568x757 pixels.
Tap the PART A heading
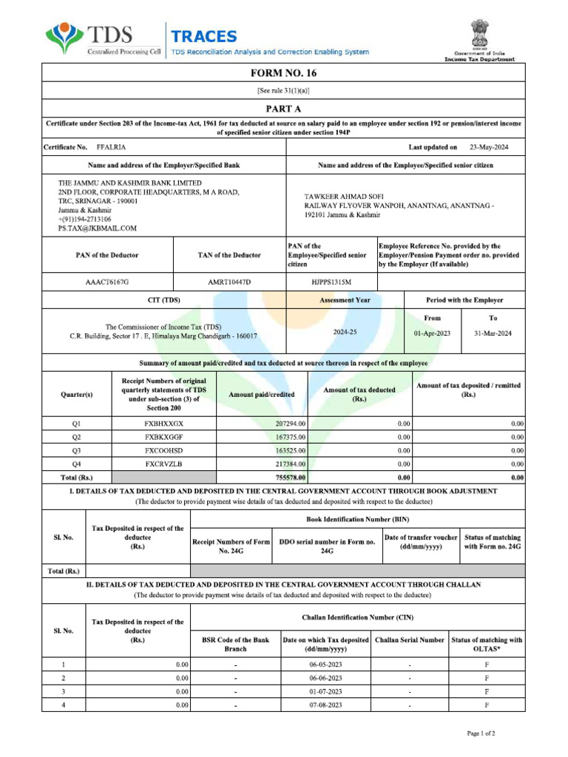point(283,107)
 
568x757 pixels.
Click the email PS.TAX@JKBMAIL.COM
point(98,228)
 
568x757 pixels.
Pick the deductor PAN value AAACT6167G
point(107,282)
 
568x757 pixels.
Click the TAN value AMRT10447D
point(229,282)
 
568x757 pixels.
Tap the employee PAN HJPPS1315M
point(331,282)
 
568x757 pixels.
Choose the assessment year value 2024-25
point(345,333)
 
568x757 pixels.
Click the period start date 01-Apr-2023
point(432,333)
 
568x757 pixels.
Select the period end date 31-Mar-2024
point(493,333)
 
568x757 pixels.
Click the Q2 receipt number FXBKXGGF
point(163,437)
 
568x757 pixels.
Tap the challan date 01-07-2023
point(325,691)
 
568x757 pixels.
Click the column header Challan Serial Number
point(410,639)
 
